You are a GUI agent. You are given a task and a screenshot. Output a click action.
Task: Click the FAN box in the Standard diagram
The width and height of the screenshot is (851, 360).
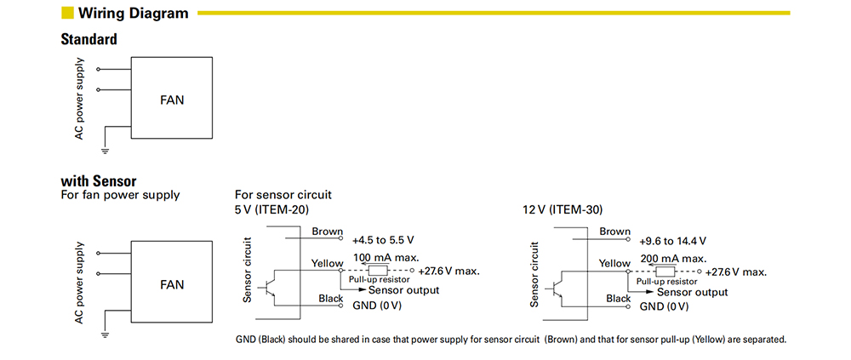click(x=171, y=100)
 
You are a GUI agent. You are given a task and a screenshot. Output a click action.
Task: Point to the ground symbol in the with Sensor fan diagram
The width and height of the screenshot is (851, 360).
click(x=106, y=334)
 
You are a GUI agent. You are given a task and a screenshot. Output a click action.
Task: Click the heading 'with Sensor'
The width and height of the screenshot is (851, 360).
click(x=99, y=181)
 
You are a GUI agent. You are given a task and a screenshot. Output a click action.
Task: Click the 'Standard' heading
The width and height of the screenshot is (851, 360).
click(x=89, y=39)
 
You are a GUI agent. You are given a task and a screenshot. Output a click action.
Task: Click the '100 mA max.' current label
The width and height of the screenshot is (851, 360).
click(x=385, y=258)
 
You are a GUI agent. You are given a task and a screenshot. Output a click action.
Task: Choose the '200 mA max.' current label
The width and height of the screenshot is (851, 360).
click(x=673, y=258)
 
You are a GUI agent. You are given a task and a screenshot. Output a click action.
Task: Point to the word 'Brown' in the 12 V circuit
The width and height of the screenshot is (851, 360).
click(x=614, y=231)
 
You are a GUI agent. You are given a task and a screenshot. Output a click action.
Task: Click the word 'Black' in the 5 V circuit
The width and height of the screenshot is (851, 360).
click(x=330, y=299)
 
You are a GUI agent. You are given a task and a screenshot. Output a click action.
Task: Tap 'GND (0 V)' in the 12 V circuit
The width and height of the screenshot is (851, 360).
click(x=665, y=306)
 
